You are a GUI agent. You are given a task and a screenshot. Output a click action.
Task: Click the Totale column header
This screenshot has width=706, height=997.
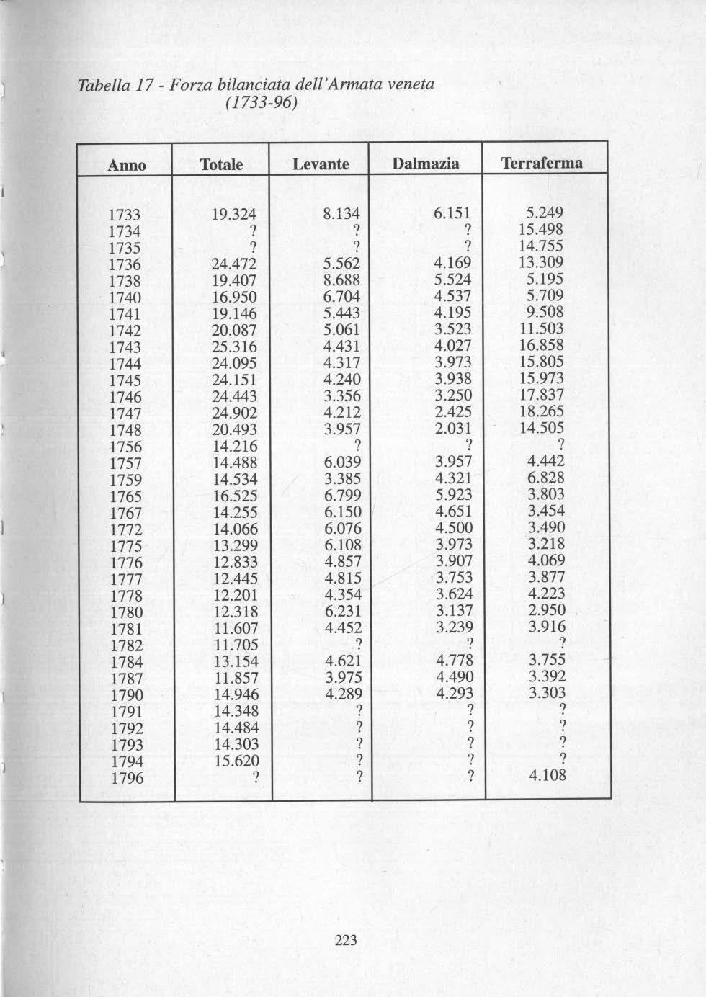pyautogui.click(x=221, y=164)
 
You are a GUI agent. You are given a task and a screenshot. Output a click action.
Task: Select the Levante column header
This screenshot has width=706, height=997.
pyautogui.click(x=321, y=164)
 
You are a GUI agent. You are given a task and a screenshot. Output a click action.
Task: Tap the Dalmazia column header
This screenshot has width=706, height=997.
pyautogui.click(x=425, y=164)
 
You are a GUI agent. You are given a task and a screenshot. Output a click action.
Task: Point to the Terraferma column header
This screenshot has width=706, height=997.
pyautogui.click(x=542, y=163)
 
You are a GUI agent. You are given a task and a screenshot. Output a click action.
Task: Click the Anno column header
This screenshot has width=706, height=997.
pyautogui.click(x=127, y=165)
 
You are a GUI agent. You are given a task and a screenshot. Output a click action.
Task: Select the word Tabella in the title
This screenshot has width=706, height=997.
pyautogui.click(x=101, y=86)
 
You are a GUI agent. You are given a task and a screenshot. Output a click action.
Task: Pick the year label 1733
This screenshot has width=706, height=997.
pyautogui.click(x=125, y=215)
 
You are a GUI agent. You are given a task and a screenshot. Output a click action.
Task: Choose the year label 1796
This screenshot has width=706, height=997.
pyautogui.click(x=127, y=779)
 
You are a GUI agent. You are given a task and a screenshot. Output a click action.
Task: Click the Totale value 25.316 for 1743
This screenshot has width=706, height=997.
pyautogui.click(x=235, y=347)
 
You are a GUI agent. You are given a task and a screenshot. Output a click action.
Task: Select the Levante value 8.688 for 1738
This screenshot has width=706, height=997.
pyautogui.click(x=341, y=280)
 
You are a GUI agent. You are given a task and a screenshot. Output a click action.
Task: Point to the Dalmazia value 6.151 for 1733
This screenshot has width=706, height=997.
pyautogui.click(x=452, y=214)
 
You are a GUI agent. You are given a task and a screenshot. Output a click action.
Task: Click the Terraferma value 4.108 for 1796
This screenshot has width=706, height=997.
pyautogui.click(x=548, y=776)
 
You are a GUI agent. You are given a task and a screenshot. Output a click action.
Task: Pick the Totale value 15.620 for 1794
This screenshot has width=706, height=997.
pyautogui.click(x=236, y=761)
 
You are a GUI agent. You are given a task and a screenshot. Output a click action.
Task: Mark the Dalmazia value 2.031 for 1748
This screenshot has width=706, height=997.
pyautogui.click(x=453, y=429)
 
